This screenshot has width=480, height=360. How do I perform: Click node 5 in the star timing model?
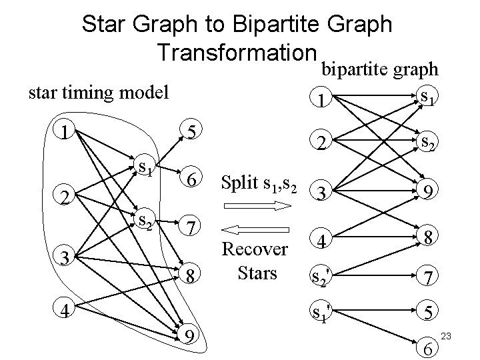(x=190, y=132)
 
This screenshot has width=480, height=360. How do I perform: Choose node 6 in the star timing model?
(x=190, y=179)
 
